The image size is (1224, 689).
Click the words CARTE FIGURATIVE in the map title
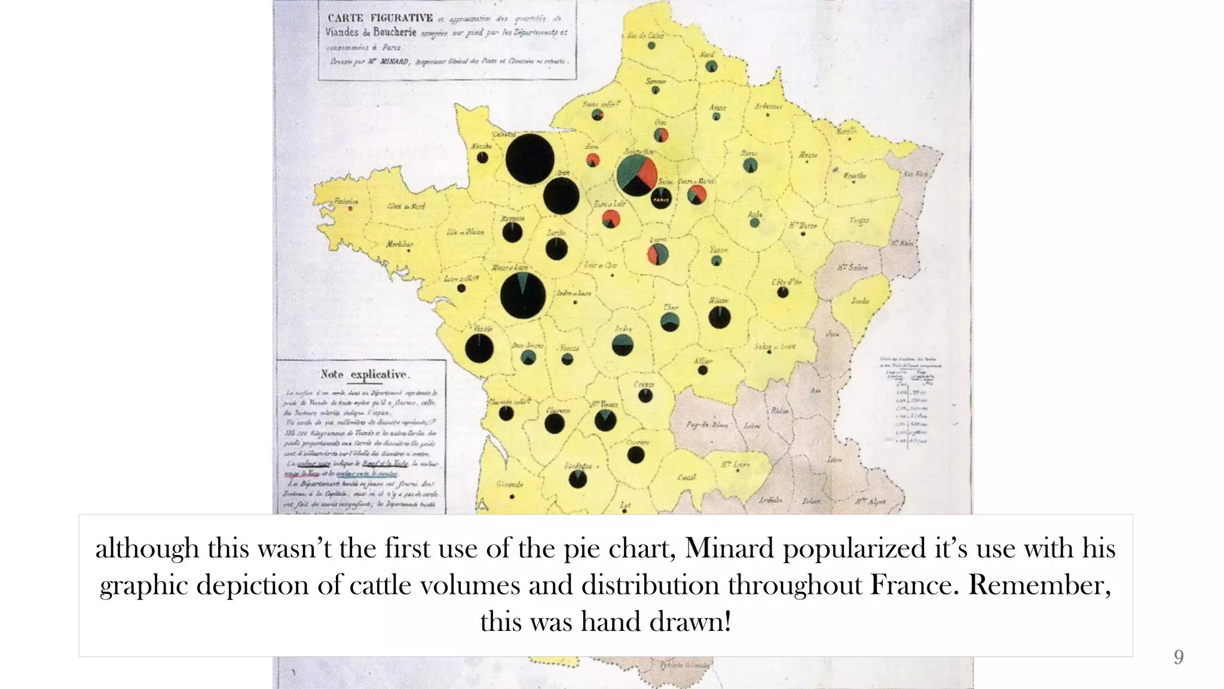380,17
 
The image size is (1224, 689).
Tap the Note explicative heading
365,374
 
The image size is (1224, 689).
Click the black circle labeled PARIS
661,198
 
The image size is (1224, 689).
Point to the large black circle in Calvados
530,158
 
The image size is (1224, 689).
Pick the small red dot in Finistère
351,208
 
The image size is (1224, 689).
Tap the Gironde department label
509,484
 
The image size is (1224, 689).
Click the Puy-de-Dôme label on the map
707,425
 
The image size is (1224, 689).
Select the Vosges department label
859,221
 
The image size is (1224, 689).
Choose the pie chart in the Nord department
711,66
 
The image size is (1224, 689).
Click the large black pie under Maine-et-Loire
523,295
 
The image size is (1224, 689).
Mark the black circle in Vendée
479,348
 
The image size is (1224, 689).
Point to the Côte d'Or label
786,282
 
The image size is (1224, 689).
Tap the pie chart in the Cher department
670,321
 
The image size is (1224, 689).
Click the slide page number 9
1178,657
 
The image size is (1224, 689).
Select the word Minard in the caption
729,548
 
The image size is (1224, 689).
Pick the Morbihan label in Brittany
399,244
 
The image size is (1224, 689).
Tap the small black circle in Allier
703,370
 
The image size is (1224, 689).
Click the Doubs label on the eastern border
861,301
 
